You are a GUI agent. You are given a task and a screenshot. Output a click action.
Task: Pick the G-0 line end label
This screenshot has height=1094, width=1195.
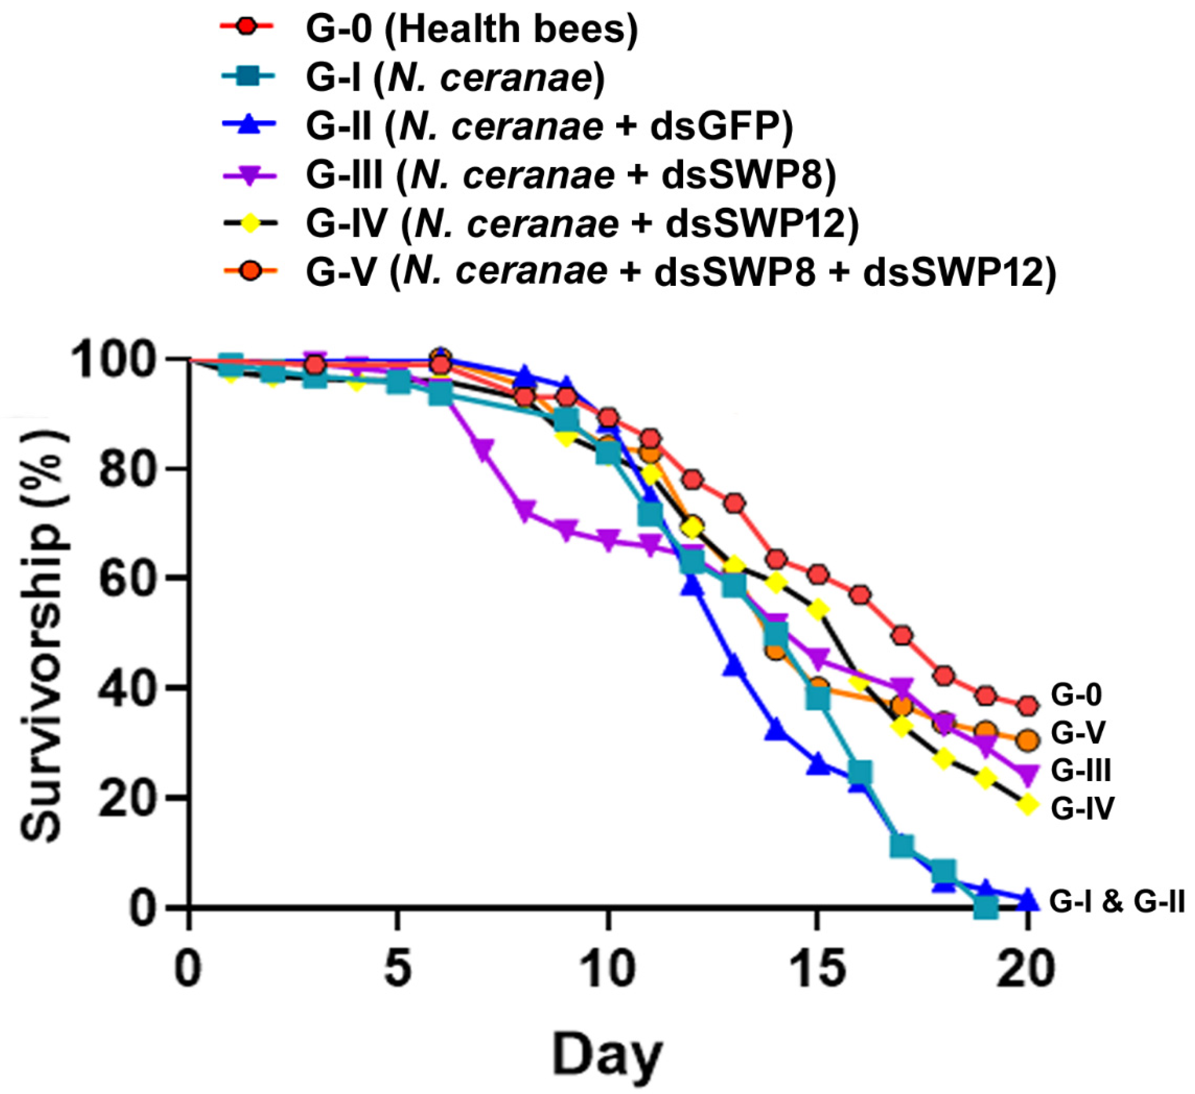(x=1076, y=695)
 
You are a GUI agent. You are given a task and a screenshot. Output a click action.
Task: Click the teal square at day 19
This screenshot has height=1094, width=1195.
(x=987, y=907)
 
